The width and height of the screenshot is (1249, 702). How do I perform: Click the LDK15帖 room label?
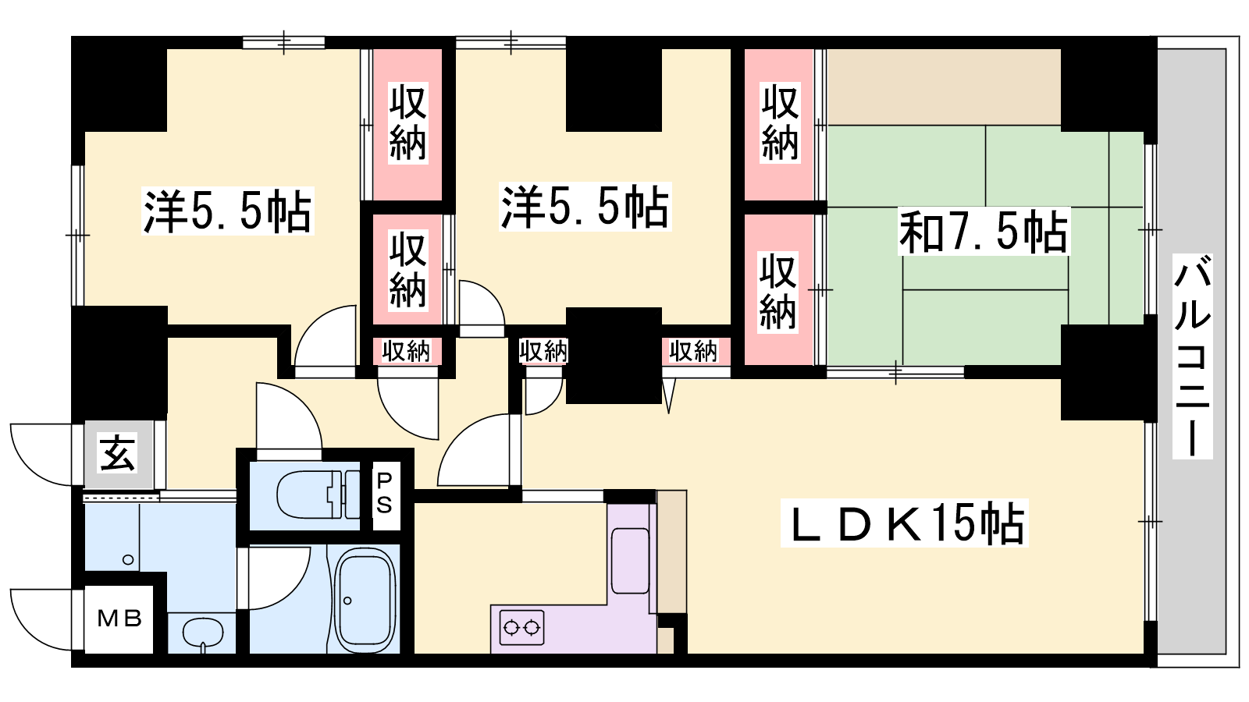(x=905, y=523)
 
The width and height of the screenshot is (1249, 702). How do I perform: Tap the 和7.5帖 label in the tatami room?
(x=984, y=231)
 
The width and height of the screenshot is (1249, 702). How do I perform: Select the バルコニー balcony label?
(x=1193, y=356)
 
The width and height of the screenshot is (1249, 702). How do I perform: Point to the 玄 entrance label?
(x=118, y=453)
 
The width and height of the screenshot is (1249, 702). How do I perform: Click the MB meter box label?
(x=119, y=619)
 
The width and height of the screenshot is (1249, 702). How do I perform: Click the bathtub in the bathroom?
(x=365, y=599)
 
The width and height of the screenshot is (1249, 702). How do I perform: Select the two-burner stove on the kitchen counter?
(x=522, y=629)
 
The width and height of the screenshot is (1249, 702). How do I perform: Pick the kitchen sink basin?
(x=630, y=561)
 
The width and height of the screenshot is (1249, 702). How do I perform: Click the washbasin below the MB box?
(x=203, y=633)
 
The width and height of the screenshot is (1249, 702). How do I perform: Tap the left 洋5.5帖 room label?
(x=227, y=211)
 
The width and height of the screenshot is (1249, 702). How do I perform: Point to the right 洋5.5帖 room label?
(x=585, y=207)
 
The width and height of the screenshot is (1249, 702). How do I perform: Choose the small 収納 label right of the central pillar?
(x=693, y=351)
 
